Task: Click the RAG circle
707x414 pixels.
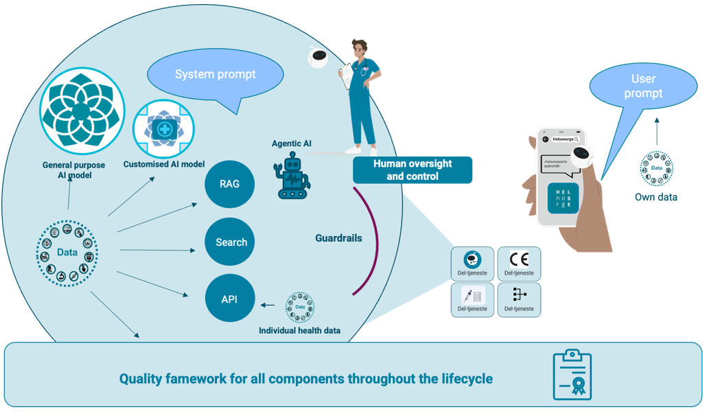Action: [229, 184]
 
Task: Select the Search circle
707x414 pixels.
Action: [231, 242]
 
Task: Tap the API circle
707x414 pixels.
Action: [229, 299]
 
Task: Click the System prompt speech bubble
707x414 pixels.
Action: [215, 75]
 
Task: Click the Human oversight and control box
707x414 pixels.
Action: [413, 170]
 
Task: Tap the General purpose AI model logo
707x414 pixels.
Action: [82, 109]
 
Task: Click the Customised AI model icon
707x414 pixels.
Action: [164, 130]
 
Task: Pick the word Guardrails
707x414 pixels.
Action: [338, 238]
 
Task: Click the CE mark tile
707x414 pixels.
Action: [519, 264]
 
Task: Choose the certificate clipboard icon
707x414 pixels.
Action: [572, 376]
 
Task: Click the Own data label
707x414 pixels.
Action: [656, 197]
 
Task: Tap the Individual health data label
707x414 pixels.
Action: [299, 330]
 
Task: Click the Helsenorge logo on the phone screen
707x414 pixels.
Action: [563, 198]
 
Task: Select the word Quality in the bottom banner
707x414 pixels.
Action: [140, 378]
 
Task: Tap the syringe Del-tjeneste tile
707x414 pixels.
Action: [472, 300]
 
